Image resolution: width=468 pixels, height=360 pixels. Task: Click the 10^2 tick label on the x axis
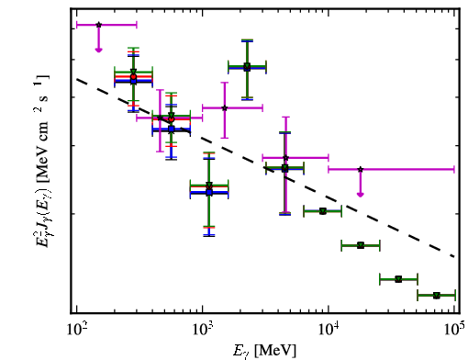click(x=77, y=330)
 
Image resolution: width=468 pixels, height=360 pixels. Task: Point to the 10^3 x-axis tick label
click(x=204, y=330)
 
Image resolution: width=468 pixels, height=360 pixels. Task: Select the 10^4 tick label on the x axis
click(x=329, y=330)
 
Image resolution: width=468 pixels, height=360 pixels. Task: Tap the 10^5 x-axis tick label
click(x=455, y=330)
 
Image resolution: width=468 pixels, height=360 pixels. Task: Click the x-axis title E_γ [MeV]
click(x=265, y=350)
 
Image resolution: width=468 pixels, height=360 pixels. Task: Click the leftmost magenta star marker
click(x=98, y=25)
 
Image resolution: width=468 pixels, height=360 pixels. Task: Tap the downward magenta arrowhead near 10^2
click(x=98, y=50)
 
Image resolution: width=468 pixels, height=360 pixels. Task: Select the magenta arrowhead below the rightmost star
click(x=361, y=194)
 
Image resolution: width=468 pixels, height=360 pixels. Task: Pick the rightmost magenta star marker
click(x=361, y=169)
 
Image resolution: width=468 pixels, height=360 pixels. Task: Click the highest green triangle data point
click(x=247, y=66)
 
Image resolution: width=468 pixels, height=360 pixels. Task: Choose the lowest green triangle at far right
click(x=437, y=296)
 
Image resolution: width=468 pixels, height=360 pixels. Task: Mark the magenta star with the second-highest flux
click(x=225, y=107)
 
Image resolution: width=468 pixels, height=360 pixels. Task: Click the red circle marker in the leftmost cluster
click(x=133, y=76)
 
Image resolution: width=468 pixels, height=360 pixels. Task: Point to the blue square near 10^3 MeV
click(x=209, y=193)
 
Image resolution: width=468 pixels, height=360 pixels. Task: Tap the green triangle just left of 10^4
click(x=322, y=211)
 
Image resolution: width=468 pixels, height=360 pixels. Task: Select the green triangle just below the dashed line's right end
click(x=398, y=279)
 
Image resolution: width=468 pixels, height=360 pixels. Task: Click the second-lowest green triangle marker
click(x=398, y=279)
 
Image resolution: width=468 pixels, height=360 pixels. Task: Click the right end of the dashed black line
click(x=455, y=256)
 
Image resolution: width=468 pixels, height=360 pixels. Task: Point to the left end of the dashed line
click(x=77, y=79)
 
